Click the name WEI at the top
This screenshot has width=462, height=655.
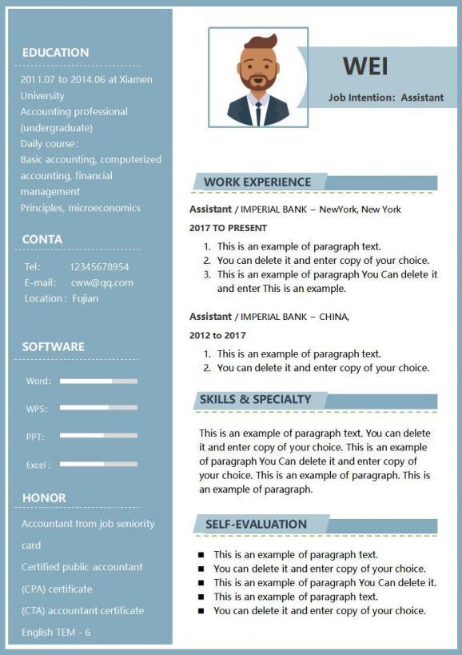[x=365, y=66]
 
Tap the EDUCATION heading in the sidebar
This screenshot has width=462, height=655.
[x=55, y=53]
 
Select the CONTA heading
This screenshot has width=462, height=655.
[x=42, y=239]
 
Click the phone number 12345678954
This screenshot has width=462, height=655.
[x=99, y=266]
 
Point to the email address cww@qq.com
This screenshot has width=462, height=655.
[x=102, y=282]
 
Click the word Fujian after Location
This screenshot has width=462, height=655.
[x=84, y=298]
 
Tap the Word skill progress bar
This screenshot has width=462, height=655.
[x=98, y=381]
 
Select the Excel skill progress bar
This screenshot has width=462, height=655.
[x=98, y=464]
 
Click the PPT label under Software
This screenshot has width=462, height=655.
[x=34, y=437]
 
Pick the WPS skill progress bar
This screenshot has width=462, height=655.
[x=98, y=408]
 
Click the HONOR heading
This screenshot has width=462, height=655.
[x=44, y=497]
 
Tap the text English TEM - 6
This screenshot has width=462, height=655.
[x=56, y=632]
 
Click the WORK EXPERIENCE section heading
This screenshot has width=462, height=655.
[x=257, y=182]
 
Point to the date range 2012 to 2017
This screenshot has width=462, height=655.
[x=217, y=335]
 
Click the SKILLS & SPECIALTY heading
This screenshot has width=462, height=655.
[x=255, y=399]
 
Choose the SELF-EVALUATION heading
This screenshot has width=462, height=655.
[x=256, y=525]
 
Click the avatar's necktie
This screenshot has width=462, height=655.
[x=258, y=113]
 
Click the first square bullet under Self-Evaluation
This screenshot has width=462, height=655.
[x=201, y=554]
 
